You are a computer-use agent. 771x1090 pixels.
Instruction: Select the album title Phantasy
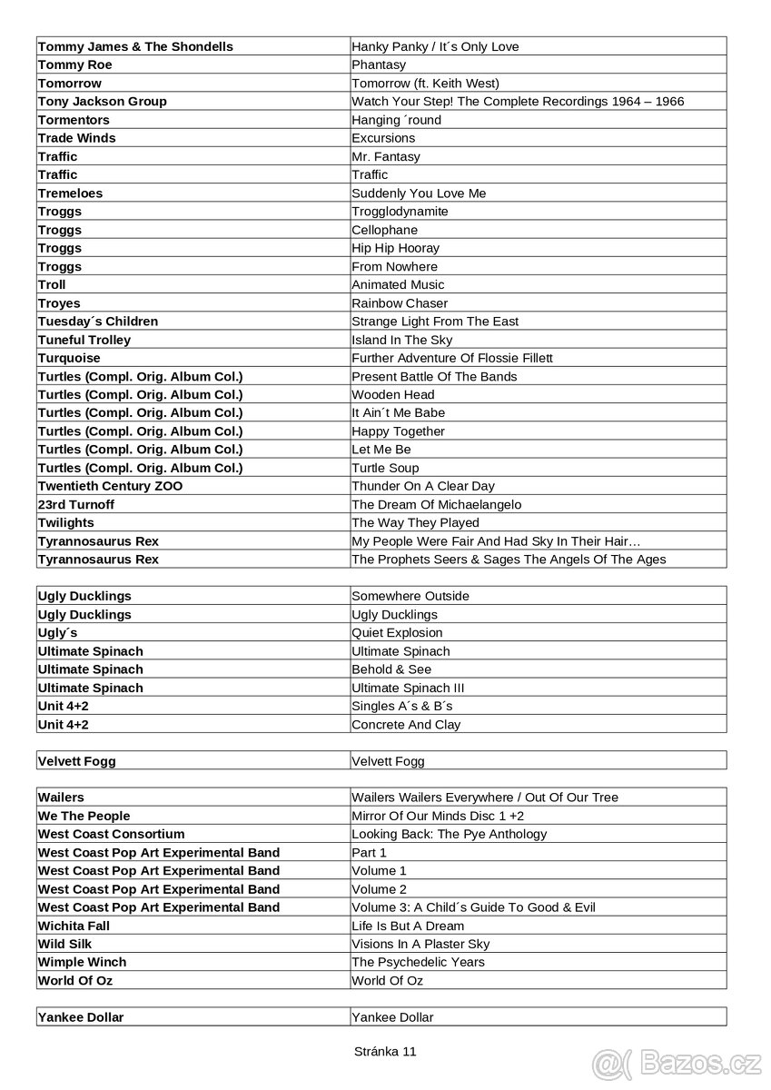(379, 64)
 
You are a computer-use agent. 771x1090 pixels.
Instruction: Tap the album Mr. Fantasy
(386, 156)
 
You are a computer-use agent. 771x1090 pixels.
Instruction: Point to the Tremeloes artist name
(71, 193)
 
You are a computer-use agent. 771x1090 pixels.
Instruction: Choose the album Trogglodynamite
(400, 211)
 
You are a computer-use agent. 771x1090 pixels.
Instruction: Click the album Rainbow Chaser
(400, 302)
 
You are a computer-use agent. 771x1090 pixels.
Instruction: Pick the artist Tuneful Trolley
(84, 340)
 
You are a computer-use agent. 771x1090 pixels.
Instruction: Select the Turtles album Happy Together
(399, 431)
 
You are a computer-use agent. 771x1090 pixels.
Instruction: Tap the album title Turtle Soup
(385, 468)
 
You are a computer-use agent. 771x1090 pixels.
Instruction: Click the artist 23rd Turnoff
(76, 504)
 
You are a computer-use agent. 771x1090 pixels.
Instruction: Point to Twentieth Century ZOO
(110, 486)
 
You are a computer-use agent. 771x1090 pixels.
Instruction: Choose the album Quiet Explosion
(397, 632)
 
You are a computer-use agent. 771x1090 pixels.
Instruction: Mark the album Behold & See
(391, 669)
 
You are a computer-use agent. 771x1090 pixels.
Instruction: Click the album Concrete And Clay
(406, 724)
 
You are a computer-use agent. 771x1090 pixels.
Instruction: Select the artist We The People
(84, 816)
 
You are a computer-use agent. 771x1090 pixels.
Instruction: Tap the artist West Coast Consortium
(111, 834)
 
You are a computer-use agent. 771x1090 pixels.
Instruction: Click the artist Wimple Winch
(83, 962)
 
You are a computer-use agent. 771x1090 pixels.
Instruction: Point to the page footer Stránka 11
(385, 1051)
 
